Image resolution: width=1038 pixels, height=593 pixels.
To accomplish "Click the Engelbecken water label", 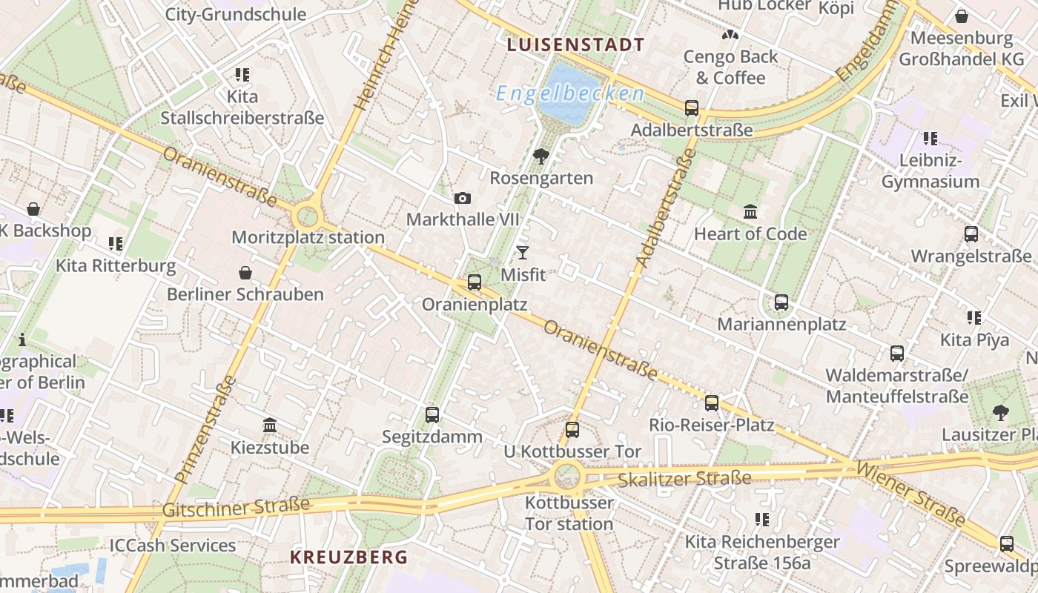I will [x=569, y=93].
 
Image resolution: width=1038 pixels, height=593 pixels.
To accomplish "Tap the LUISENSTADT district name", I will [x=575, y=44].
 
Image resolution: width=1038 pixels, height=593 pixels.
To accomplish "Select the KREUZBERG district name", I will [x=348, y=557].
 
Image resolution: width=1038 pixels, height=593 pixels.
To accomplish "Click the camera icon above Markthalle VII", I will [x=463, y=199].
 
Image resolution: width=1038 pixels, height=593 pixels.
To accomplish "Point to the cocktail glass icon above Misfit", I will [x=523, y=253].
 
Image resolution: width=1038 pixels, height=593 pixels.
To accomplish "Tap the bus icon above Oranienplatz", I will [x=475, y=282].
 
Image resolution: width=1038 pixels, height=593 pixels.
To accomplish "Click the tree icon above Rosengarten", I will [x=541, y=156].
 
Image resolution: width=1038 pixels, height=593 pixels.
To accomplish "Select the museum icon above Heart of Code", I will [x=750, y=212].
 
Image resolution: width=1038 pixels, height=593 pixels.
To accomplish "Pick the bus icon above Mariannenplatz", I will [x=781, y=302].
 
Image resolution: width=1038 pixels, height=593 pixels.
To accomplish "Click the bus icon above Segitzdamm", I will [x=432, y=415].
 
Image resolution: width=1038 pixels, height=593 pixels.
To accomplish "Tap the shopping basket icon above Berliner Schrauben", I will [x=245, y=273].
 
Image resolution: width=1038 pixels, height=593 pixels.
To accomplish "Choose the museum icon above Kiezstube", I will [x=270, y=425].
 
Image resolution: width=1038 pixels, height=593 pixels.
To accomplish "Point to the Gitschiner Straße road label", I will [x=236, y=508].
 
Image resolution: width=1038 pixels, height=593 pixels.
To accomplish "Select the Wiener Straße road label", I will [x=910, y=494].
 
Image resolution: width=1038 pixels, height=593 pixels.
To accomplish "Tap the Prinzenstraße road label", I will [x=204, y=430].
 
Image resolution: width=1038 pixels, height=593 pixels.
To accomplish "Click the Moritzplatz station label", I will [x=308, y=237].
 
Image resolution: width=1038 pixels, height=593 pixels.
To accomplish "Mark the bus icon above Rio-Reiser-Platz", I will [x=712, y=403].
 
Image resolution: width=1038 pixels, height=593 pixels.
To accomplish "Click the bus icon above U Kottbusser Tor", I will [x=572, y=430].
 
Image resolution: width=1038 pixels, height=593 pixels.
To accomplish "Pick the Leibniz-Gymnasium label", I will [x=930, y=170].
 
